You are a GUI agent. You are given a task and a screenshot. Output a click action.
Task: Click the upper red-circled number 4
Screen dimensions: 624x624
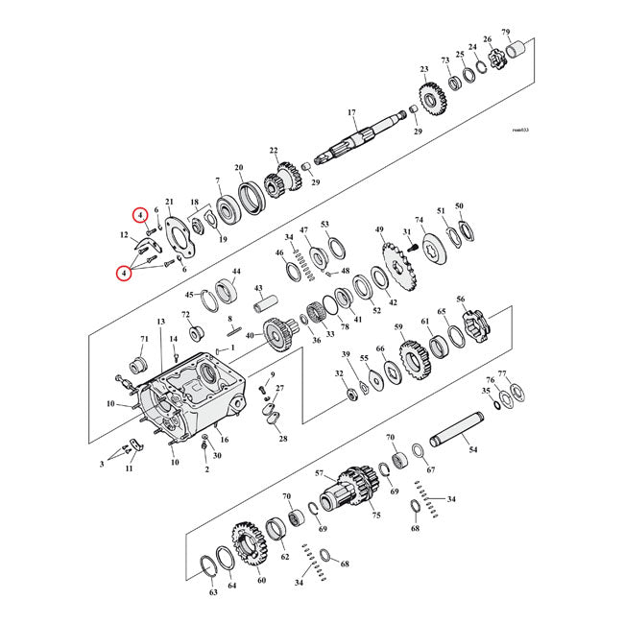point(140,215)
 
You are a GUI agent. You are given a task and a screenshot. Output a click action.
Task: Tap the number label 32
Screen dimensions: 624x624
point(338,372)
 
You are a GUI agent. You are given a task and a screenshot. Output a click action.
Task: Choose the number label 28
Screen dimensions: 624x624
point(282,439)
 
